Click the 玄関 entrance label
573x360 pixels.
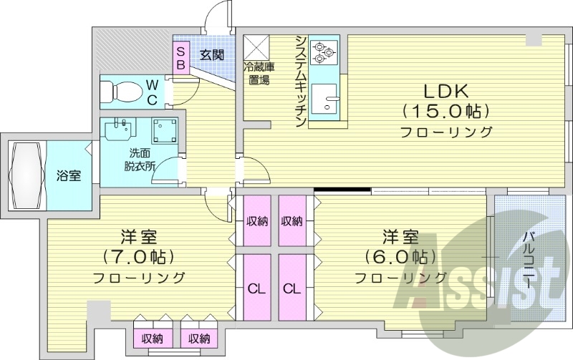tap(211, 54)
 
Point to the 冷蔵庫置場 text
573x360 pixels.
tap(258, 74)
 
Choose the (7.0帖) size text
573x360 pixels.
tap(140, 257)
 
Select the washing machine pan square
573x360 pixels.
tap(165, 131)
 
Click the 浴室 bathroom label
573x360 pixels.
tap(68, 175)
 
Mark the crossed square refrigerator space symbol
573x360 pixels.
tap(256, 47)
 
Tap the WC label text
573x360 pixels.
tap(153, 91)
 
